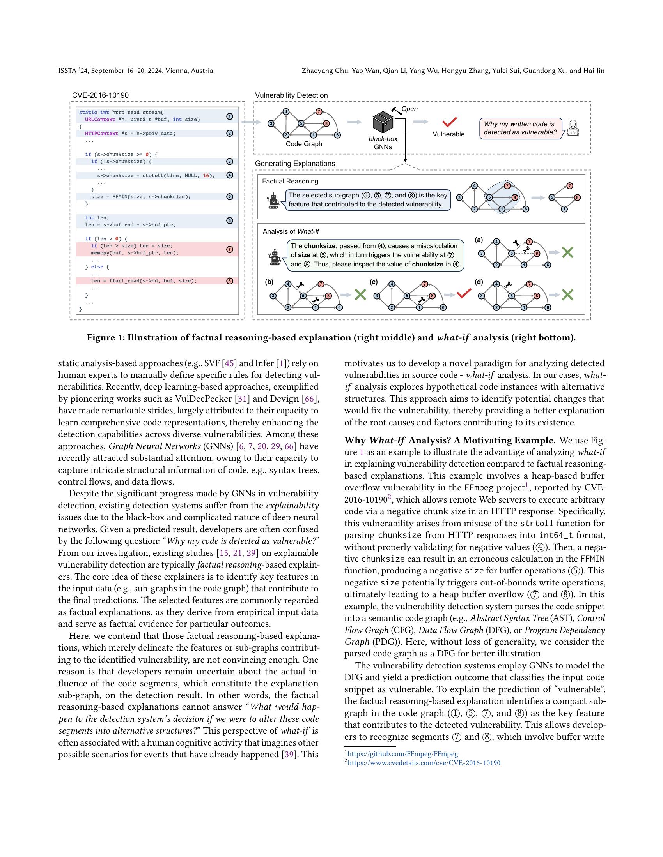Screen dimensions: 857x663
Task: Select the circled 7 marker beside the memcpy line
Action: click(230, 249)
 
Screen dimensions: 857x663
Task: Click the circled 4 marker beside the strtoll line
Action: click(230, 175)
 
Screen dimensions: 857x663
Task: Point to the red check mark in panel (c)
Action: click(464, 293)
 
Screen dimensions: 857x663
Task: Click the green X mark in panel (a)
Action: click(567, 252)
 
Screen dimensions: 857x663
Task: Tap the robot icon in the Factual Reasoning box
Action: click(273, 200)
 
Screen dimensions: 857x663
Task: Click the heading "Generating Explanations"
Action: click(294, 164)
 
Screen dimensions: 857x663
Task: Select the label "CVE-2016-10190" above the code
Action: click(100, 95)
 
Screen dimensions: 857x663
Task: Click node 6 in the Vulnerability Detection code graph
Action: click(337, 135)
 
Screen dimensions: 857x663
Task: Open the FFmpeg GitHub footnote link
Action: click(402, 754)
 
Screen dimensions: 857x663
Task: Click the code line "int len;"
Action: click(97, 217)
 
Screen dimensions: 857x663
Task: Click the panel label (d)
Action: click(479, 282)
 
